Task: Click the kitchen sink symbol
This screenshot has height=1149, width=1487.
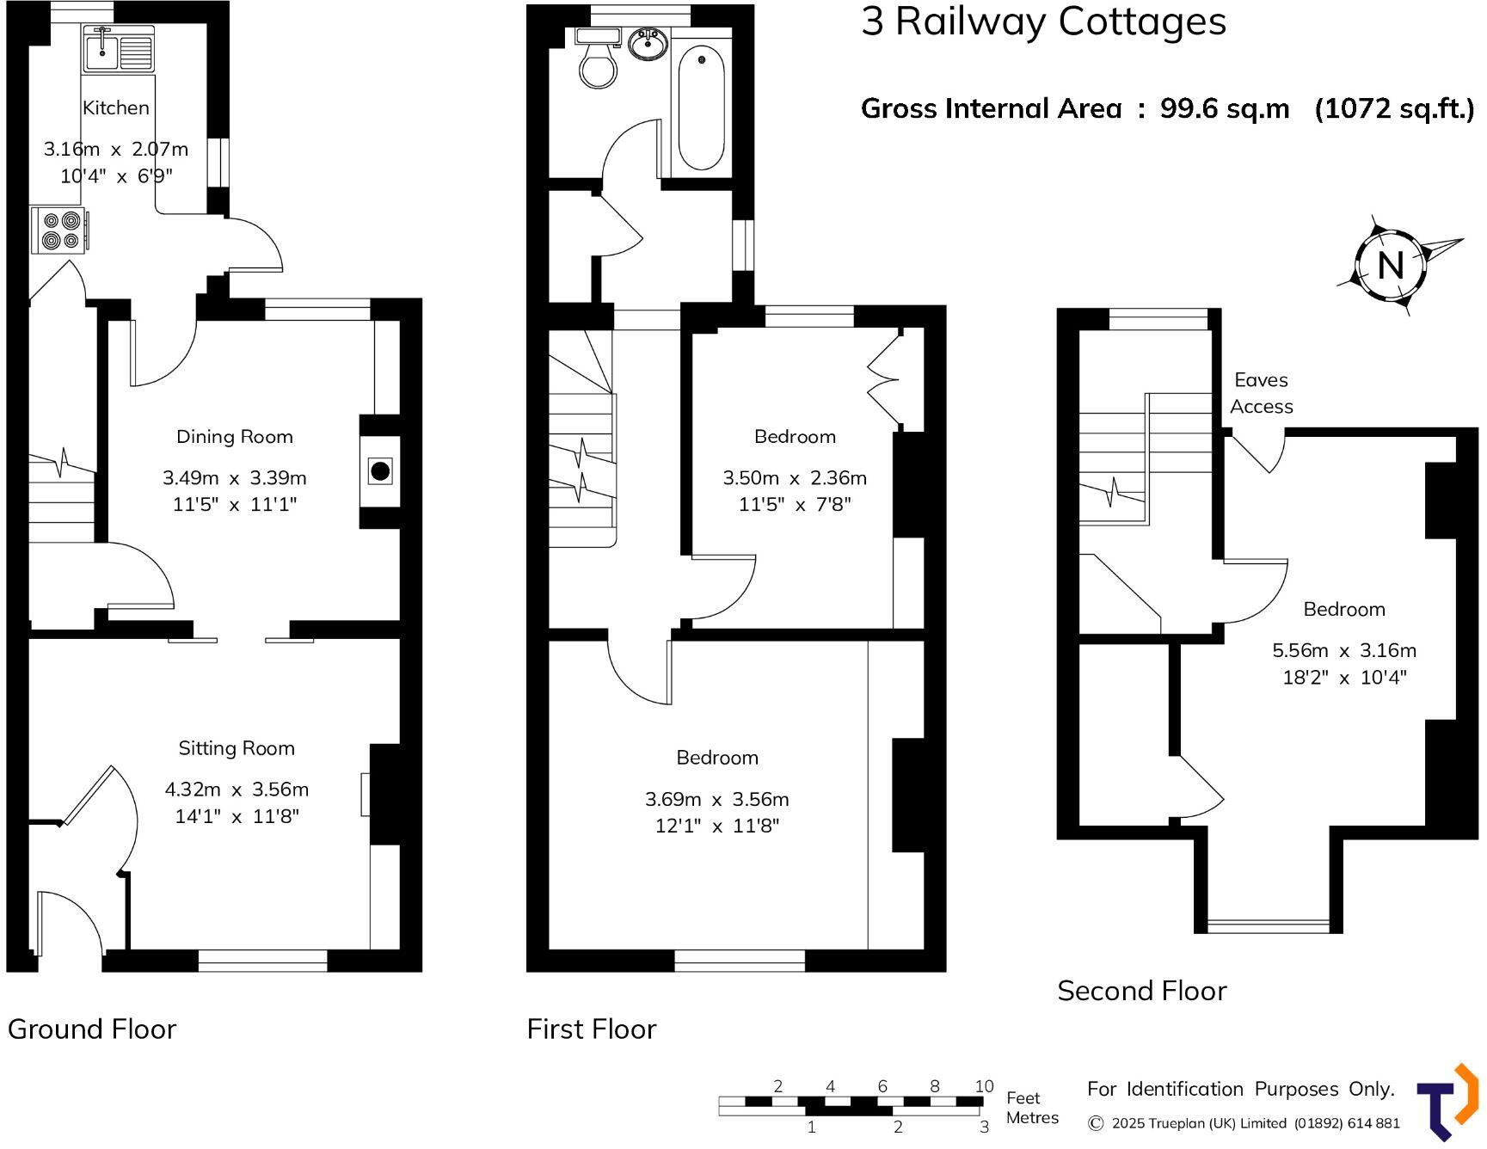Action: click(x=119, y=48)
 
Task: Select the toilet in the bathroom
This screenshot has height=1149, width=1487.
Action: click(x=598, y=65)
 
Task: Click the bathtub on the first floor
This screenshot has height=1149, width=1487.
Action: click(x=701, y=108)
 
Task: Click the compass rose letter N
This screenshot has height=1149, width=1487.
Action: click(x=1390, y=265)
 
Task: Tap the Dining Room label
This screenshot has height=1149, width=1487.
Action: click(x=234, y=437)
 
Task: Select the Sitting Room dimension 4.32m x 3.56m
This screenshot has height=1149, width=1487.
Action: click(x=237, y=790)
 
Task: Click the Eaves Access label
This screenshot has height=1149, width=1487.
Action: click(x=1261, y=393)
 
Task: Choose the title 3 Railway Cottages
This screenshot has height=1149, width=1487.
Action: click(x=1043, y=22)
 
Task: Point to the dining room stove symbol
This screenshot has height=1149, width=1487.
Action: click(x=380, y=470)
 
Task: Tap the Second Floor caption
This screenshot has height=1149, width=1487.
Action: click(x=1141, y=991)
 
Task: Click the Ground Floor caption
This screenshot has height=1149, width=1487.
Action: click(x=92, y=1029)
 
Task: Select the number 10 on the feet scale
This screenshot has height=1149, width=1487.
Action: click(x=984, y=1086)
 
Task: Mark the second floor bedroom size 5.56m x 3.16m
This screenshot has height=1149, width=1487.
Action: click(x=1343, y=651)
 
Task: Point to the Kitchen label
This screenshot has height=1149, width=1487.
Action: click(x=116, y=108)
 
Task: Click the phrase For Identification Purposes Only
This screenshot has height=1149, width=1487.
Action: click(x=1240, y=1089)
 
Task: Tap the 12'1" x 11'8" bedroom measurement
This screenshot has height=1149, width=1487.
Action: click(x=716, y=826)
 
